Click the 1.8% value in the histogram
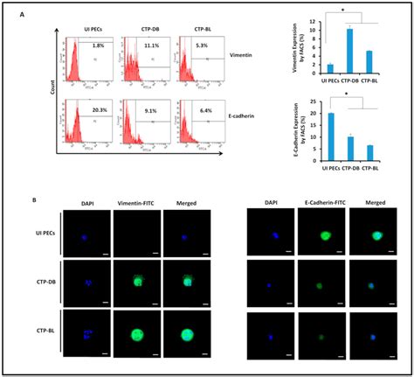pyautogui.click(x=98, y=45)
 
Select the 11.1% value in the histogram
pyautogui.click(x=148, y=45)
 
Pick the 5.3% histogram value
pyautogui.click(x=199, y=45)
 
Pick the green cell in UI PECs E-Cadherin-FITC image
pyautogui.click(x=325, y=234)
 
